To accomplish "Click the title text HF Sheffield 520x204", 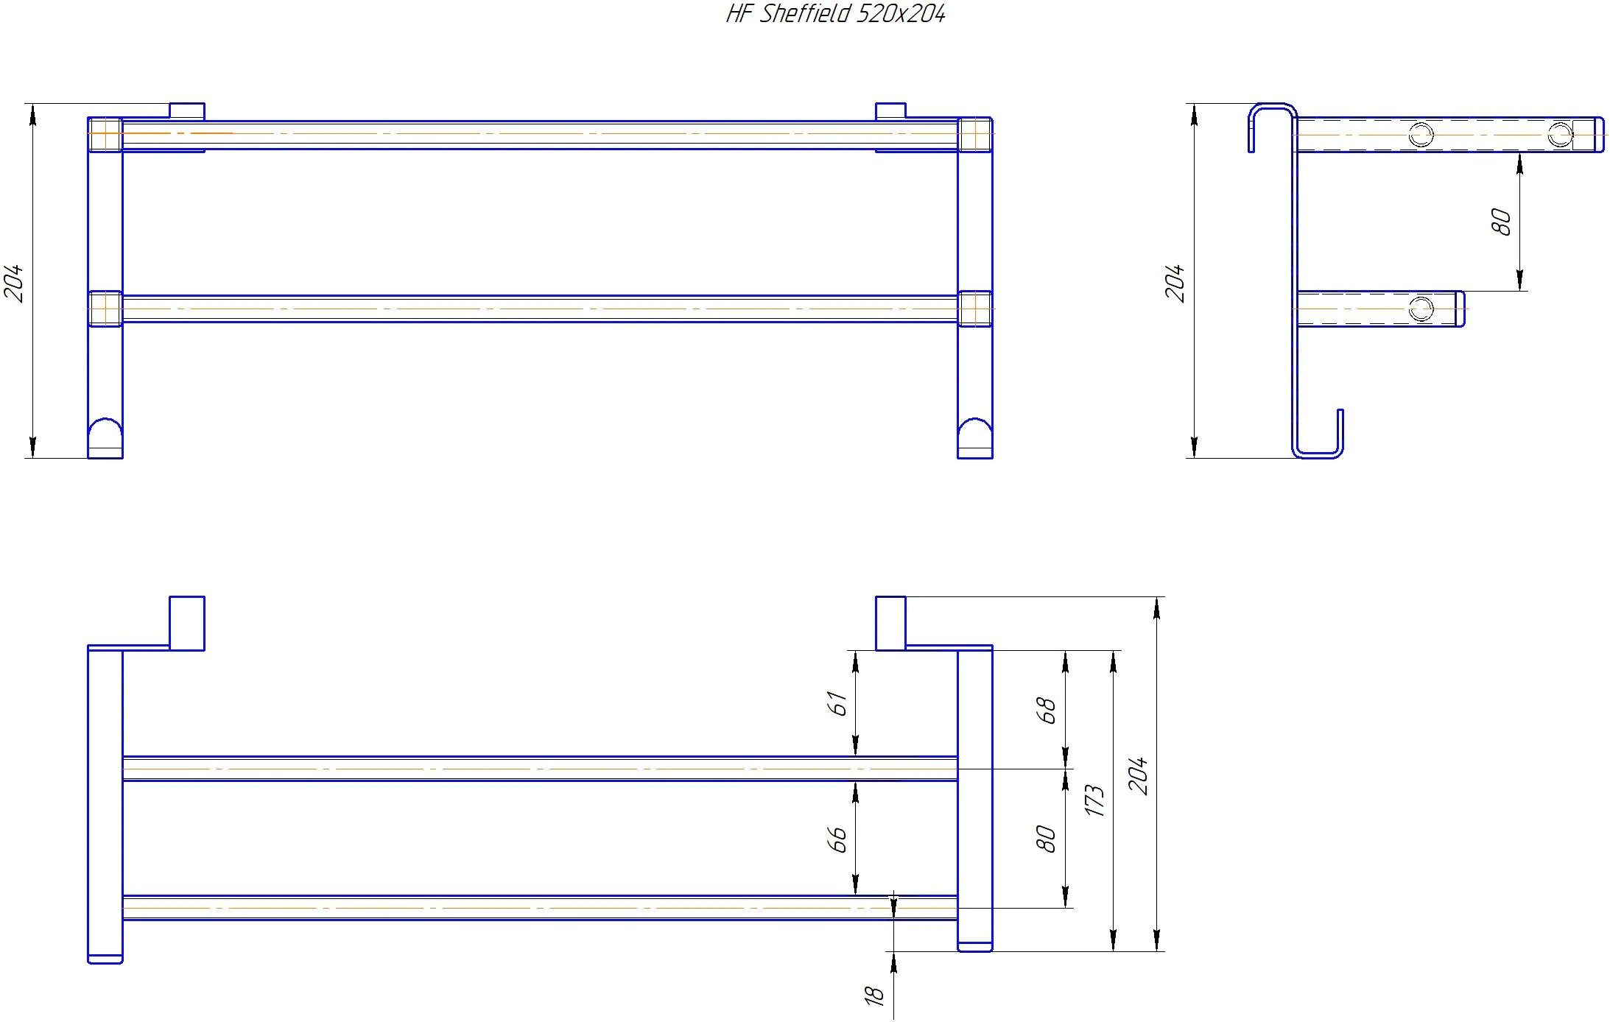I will point(835,14).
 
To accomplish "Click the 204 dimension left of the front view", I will point(15,283).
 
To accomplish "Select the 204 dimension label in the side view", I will point(1175,283).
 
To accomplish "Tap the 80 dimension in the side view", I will point(1500,222).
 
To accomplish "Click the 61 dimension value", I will point(837,703).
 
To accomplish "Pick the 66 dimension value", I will point(837,839).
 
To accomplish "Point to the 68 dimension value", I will point(1046,711).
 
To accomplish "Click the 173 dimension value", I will point(1094,801).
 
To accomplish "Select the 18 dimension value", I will point(873,995).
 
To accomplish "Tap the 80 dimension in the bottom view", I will point(1046,839).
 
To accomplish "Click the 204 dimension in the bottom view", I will point(1139,775).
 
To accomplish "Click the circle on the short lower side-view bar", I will point(1421,309).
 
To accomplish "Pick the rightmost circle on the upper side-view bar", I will point(1560,135).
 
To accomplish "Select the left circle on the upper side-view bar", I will point(1421,135).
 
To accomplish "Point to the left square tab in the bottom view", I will point(187,623).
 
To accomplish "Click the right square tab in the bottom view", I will point(890,623).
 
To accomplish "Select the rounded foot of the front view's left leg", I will point(105,434).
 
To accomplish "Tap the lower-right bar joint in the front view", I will point(975,309).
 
